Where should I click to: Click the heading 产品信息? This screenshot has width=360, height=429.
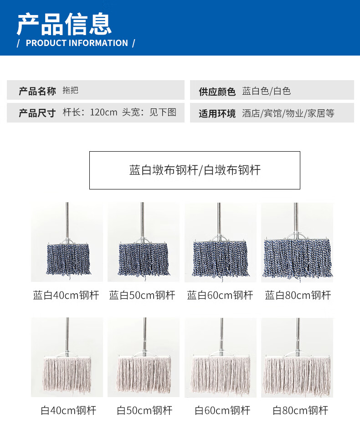coord(64,24)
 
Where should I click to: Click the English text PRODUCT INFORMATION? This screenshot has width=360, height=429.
coord(77,43)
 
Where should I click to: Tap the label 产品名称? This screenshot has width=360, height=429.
coord(37,91)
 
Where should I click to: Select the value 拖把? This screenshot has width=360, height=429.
coord(70,90)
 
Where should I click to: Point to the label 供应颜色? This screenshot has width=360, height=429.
coord(217,92)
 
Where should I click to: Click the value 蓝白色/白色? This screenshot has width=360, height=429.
coord(267,91)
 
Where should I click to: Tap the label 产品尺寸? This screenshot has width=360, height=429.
coord(37,113)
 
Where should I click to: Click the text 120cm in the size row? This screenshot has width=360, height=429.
coord(103,112)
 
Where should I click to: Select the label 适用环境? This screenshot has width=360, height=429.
coord(217,113)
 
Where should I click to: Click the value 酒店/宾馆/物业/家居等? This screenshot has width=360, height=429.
coord(288,113)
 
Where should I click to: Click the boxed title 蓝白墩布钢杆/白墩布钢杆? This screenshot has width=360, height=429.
coord(195,170)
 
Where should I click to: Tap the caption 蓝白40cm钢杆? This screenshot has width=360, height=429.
coord(66,295)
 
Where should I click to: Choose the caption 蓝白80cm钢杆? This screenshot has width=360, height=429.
coord(298,295)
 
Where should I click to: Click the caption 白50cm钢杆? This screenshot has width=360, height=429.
coord(144,410)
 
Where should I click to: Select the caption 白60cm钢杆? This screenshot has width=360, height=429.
coord(222,410)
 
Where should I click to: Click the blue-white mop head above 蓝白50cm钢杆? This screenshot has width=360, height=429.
coord(144,259)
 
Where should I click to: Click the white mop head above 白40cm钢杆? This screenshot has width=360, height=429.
coord(67,375)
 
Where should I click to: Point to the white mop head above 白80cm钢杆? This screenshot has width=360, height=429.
coord(298,375)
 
